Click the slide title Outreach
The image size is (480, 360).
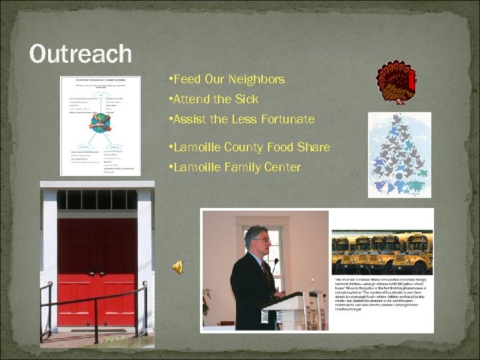pos(80,54)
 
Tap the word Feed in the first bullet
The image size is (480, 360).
pos(189,79)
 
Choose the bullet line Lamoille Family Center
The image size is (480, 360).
pos(237,167)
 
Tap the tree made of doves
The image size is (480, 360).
pos(399,155)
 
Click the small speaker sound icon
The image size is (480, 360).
pos(178,267)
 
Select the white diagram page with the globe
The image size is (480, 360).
pos(100,125)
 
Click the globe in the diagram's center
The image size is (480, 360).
pos(99,123)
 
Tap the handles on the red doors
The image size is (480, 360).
pos(97,273)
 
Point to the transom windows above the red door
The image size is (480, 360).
pos(97,199)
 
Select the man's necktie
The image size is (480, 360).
pos(267,274)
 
